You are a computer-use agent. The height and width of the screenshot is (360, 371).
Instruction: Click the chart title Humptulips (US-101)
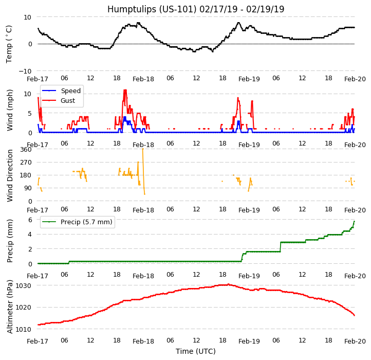tap(196, 9)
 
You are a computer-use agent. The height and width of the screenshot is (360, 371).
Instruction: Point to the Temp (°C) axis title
tap(9, 44)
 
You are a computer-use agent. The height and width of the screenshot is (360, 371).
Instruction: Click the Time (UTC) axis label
tap(196, 351)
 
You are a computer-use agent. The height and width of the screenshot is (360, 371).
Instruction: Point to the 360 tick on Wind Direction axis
tap(26, 150)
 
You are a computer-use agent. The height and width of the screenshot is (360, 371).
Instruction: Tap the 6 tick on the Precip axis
tap(30, 220)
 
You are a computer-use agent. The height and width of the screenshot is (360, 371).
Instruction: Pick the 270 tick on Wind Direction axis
tap(26, 163)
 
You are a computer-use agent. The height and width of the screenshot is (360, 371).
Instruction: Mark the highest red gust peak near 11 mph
tap(125, 91)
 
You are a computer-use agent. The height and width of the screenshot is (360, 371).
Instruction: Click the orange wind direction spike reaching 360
tap(142, 150)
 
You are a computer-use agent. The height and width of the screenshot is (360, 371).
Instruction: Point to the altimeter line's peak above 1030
tap(228, 284)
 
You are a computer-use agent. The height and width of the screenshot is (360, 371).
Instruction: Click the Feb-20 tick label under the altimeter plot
tap(355, 341)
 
